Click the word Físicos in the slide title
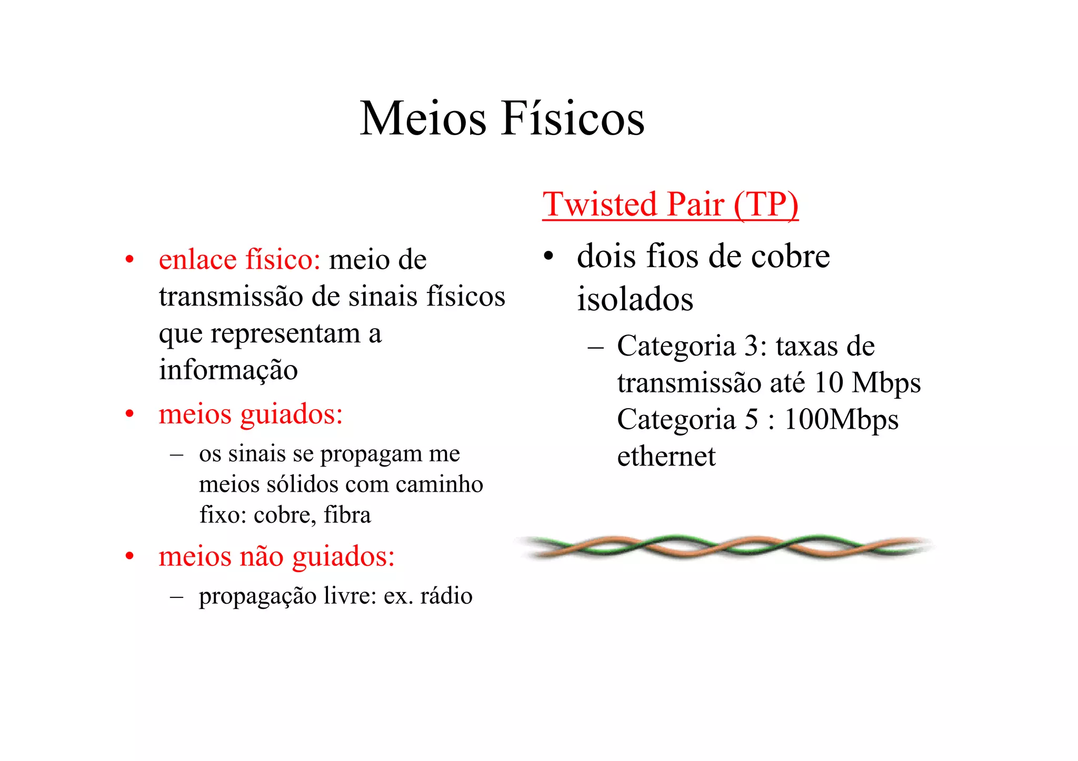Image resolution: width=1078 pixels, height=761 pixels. (573, 119)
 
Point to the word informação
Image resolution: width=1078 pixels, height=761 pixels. (228, 370)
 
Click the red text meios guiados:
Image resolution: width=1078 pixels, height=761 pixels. (251, 414)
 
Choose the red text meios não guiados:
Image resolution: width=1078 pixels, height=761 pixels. (276, 556)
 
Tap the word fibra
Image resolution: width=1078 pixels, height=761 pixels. (347, 515)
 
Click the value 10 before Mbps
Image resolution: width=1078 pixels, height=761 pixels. (828, 383)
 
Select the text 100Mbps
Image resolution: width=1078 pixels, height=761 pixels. (841, 420)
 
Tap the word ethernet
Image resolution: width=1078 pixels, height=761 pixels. (666, 456)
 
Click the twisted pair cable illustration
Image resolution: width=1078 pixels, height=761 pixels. (724, 547)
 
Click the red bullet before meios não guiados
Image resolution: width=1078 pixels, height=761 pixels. (129, 556)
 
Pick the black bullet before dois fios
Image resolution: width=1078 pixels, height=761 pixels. (548, 257)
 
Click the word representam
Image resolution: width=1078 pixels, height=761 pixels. (285, 333)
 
